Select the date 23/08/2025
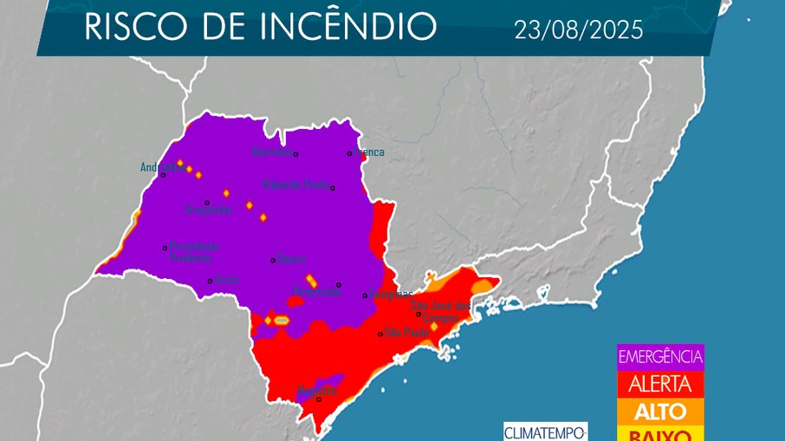578,30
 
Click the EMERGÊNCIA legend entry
660,356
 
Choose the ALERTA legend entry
660,384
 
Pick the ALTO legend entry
660,411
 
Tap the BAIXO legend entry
660,433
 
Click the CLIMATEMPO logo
545,431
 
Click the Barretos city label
271,152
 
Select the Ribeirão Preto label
295,185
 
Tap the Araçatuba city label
208,211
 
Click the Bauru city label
289,259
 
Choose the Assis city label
227,280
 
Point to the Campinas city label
391,294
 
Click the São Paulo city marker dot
380,334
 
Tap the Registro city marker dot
319,399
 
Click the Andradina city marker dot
163,175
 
